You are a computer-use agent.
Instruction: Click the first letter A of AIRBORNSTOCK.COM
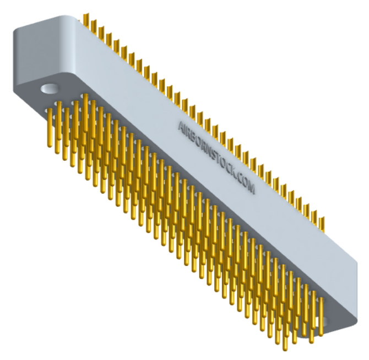[x=182, y=126]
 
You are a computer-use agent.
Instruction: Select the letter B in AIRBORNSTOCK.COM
[x=196, y=138]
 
